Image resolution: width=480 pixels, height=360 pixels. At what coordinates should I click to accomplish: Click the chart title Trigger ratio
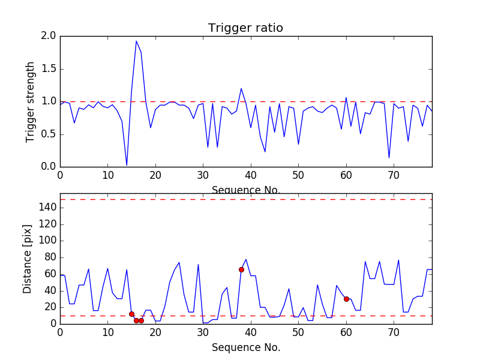[245, 28]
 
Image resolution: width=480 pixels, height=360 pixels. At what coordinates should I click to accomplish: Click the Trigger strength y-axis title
[31, 101]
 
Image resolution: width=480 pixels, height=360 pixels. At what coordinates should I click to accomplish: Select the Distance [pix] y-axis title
[28, 258]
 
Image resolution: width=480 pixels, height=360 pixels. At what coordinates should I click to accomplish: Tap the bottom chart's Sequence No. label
[245, 347]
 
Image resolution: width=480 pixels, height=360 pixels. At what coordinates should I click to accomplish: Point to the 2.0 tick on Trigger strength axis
[49, 36]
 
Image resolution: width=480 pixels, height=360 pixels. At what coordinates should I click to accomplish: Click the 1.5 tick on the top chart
[49, 69]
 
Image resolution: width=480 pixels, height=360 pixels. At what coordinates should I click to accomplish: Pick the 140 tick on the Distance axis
[47, 208]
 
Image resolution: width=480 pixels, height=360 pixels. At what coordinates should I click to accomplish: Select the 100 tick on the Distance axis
[47, 241]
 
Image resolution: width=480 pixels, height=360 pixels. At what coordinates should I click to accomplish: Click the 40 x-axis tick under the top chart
[251, 175]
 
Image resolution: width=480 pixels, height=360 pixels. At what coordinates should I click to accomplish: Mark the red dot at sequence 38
[241, 269]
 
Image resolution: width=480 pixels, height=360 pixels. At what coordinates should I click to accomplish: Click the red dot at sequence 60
[346, 299]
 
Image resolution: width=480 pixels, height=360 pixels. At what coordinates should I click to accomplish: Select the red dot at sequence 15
[131, 314]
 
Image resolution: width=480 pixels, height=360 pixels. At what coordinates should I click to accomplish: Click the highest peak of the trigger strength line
[136, 41]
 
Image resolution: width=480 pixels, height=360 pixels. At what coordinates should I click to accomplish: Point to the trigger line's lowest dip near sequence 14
[127, 165]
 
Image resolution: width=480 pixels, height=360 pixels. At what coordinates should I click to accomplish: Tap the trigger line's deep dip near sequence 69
[389, 158]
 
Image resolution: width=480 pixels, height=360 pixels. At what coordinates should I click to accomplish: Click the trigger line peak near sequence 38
[241, 88]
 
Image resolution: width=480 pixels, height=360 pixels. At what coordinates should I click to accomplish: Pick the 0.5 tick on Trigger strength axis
[49, 134]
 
